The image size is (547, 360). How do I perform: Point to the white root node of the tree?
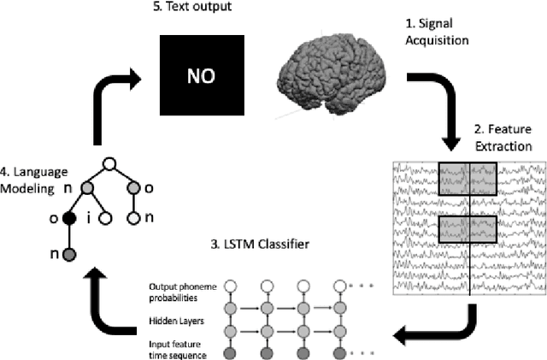[x=109, y=165]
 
